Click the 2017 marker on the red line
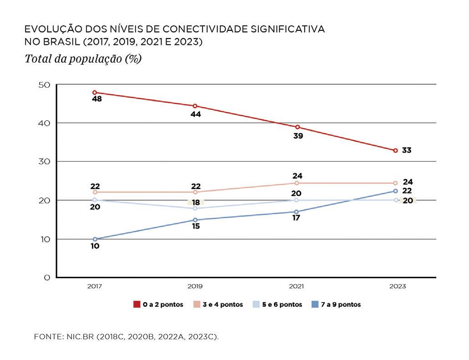point(95,92)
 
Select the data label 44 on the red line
point(196,115)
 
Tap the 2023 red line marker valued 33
point(395,150)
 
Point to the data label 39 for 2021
point(298,135)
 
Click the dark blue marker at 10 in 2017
point(95,239)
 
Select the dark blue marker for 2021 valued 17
point(297,212)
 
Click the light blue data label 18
point(196,202)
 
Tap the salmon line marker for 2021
point(297,183)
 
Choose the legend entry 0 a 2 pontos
point(158,305)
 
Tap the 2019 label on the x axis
point(195,286)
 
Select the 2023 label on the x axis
point(397,286)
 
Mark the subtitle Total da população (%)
point(83,59)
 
